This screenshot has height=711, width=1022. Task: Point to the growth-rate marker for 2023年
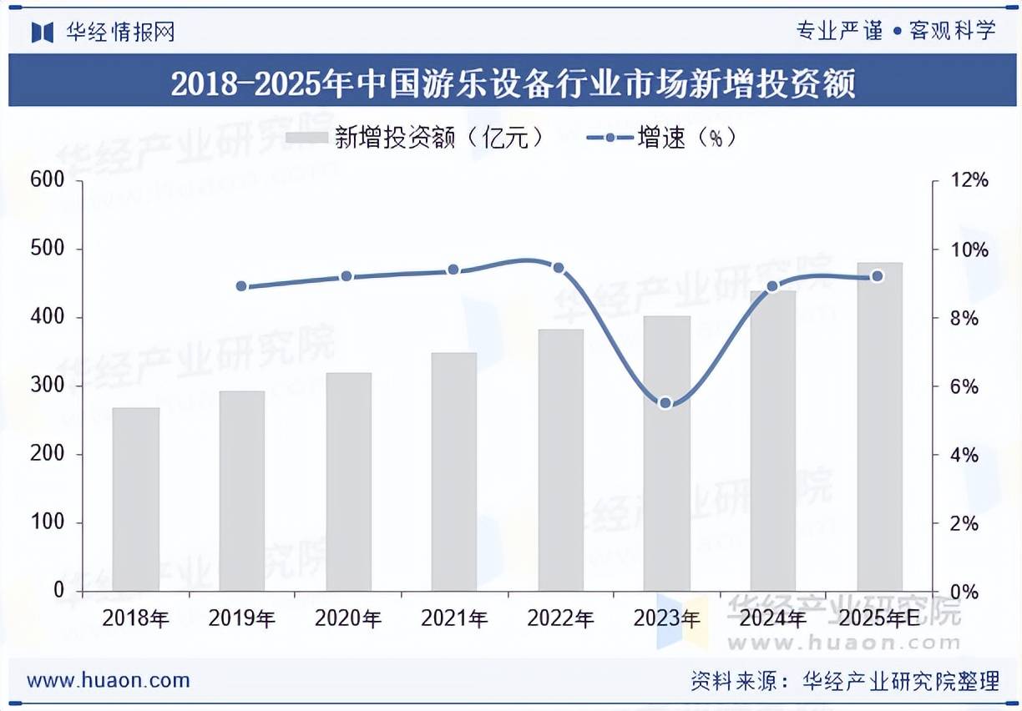point(665,403)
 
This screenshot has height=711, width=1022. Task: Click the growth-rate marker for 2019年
point(241,286)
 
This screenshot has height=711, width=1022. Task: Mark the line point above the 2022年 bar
point(559,268)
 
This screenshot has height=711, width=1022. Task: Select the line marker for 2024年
point(772,286)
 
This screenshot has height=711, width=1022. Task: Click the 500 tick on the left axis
point(47,249)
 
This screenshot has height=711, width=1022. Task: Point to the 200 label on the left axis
point(47,454)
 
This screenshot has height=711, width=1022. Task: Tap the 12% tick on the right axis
point(969,181)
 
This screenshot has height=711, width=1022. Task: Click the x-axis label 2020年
point(348,618)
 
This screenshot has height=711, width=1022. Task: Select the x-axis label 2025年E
point(878,618)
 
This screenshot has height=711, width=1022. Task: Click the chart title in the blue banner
point(513,83)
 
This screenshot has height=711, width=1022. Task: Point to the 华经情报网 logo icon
point(43,32)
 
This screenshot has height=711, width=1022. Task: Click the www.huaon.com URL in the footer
point(109,680)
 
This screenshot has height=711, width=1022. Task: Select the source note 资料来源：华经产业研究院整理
point(844,681)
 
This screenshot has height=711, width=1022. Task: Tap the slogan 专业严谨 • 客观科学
point(896,32)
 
